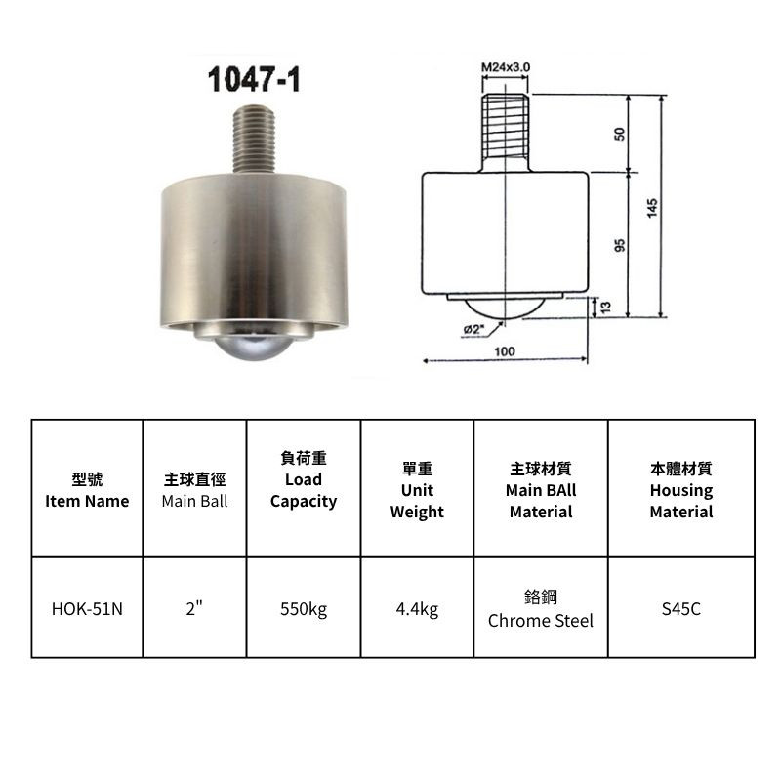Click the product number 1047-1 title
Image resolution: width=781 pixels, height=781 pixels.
coord(254,80)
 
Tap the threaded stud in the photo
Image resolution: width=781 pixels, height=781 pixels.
coord(254,139)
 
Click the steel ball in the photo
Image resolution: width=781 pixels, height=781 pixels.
coord(254,347)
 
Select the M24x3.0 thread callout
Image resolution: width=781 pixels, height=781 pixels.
coord(505,67)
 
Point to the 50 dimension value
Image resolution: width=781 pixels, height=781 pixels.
coord(619,134)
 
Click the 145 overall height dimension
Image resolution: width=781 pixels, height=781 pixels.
coord(652,207)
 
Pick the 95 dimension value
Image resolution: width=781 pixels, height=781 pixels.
coord(619,245)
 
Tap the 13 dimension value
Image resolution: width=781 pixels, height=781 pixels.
coord(605,308)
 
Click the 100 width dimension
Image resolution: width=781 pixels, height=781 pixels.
coord(505,351)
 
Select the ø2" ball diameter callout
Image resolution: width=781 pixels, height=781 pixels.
coord(474,329)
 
